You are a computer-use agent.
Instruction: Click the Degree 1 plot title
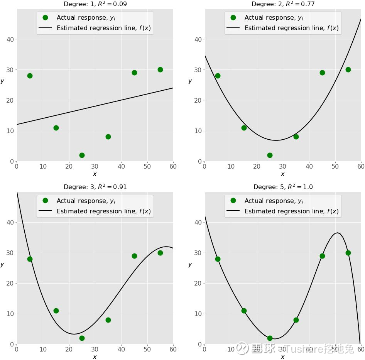pos(95,4)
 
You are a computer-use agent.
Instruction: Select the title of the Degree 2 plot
pos(283,4)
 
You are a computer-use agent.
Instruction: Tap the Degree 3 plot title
pos(95,187)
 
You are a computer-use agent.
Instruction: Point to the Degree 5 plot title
pos(283,187)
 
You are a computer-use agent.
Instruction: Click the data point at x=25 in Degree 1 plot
pos(82,155)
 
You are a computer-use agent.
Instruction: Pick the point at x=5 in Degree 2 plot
pos(218,76)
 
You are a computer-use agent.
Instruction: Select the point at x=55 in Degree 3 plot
pos(160,253)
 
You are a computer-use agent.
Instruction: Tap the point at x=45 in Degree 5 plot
pos(322,256)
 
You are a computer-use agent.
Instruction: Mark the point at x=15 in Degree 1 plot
pos(56,128)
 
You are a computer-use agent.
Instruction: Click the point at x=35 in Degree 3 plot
pos(108,320)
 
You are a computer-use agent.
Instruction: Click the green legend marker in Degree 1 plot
pos(45,18)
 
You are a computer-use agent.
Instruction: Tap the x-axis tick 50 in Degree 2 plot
pos(335,167)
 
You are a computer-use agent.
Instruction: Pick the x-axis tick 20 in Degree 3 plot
pos(69,350)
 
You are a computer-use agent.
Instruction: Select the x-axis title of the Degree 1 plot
pos(95,174)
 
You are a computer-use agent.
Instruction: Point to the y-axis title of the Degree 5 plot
pos(190,264)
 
